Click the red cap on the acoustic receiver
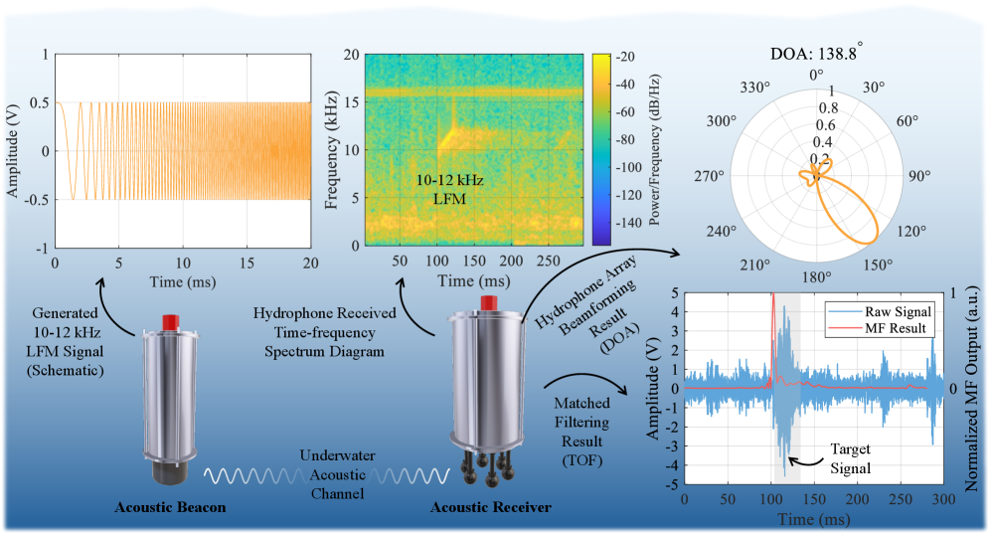487,301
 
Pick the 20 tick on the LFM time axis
311,263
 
